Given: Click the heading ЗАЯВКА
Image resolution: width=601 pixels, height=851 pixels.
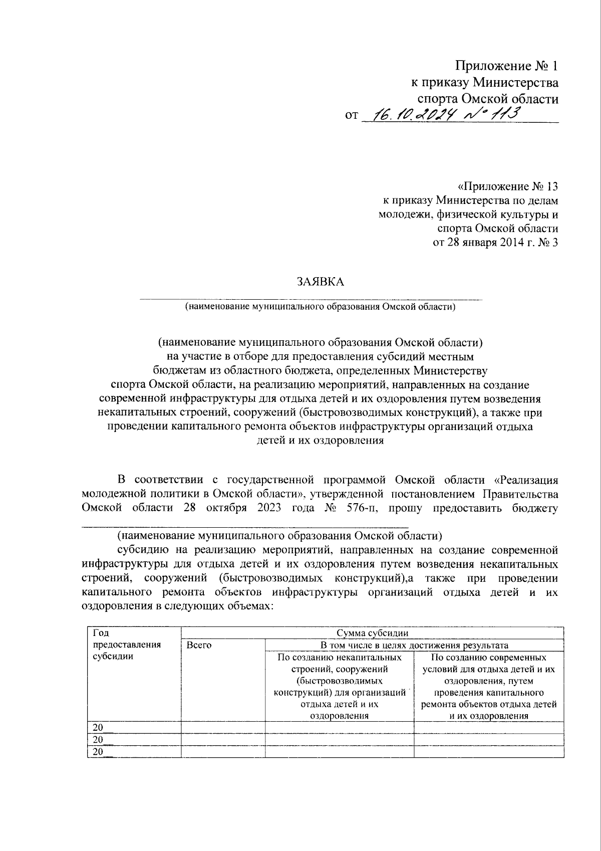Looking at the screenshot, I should (x=321, y=282).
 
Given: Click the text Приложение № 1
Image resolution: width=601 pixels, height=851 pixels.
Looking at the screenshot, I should (x=506, y=66).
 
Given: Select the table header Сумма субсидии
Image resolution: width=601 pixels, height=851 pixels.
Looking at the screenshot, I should (x=372, y=633).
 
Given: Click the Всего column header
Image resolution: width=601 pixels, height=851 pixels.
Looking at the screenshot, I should (x=199, y=646).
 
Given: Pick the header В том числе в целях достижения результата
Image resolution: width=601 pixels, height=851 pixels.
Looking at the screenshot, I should (x=414, y=646).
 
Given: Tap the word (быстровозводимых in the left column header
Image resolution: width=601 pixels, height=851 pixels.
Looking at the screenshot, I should (x=339, y=681).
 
